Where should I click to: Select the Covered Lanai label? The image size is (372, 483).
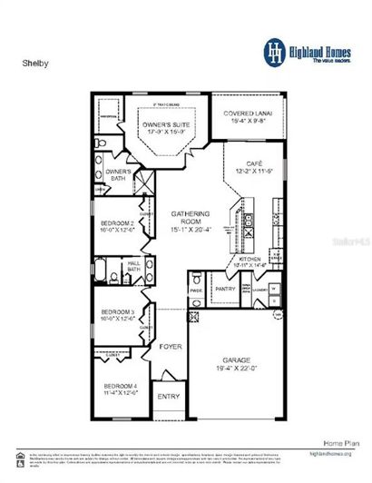coord(254,113)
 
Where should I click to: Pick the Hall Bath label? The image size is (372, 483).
coord(132,265)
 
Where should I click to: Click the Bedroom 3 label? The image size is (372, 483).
coord(120,314)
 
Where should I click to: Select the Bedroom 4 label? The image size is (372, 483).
coord(121,389)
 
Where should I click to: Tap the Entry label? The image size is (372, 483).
coord(169,397)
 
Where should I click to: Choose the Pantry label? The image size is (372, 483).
coord(225,289)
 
